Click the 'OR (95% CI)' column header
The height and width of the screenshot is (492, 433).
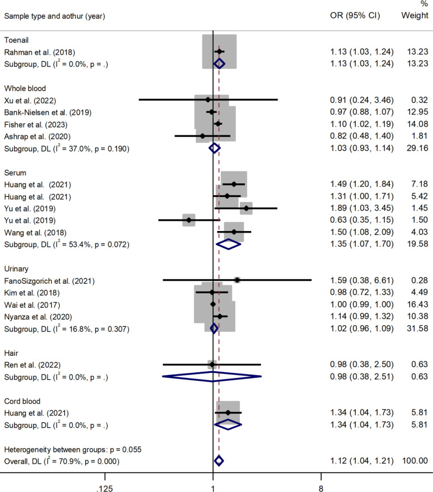(x=355, y=15)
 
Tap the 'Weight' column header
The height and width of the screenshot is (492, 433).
(x=415, y=15)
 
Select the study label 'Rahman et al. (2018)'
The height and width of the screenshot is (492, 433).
(x=40, y=52)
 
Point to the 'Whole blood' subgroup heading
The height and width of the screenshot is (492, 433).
(x=25, y=89)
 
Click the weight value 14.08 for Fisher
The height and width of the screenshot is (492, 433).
(x=417, y=124)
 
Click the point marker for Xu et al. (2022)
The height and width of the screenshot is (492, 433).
(x=208, y=100)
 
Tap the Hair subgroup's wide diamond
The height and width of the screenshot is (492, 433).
(x=212, y=377)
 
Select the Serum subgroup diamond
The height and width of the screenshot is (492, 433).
(x=228, y=244)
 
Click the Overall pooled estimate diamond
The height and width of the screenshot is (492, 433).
(x=219, y=461)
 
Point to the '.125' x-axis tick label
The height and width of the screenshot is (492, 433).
(x=105, y=488)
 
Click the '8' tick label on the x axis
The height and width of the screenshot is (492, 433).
(x=321, y=488)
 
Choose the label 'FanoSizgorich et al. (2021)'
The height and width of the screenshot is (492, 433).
(x=49, y=281)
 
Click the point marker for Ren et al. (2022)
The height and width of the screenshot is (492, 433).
(x=212, y=365)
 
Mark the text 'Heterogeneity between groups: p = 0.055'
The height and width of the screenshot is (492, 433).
(x=73, y=449)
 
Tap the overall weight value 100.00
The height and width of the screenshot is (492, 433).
(x=415, y=461)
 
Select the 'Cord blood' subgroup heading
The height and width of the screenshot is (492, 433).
(x=22, y=401)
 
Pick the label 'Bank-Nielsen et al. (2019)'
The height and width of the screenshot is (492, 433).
(x=48, y=113)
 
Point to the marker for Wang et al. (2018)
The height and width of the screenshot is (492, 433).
(x=234, y=232)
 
